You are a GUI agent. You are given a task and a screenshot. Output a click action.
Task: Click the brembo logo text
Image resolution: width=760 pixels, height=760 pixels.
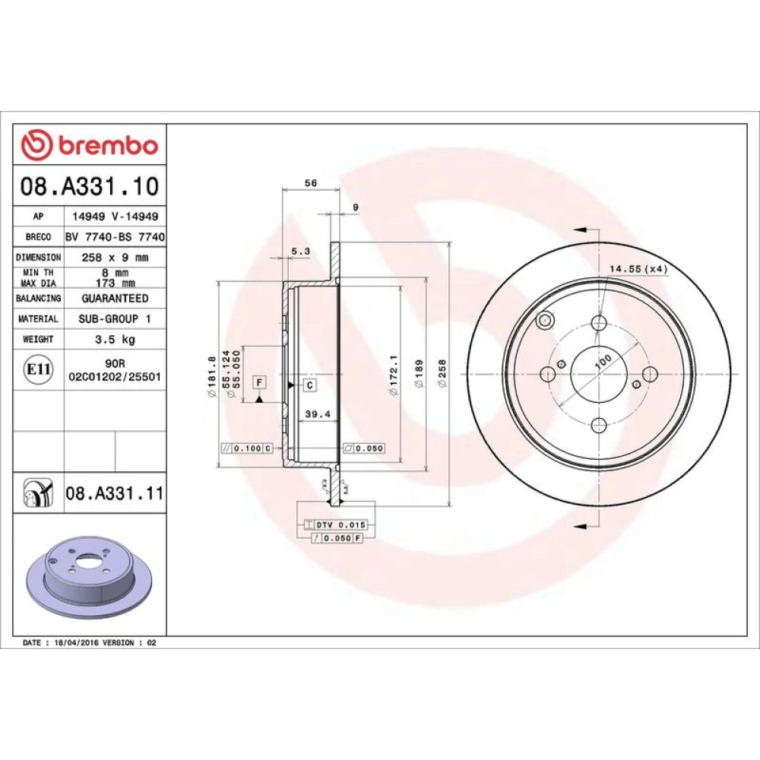point(109,145)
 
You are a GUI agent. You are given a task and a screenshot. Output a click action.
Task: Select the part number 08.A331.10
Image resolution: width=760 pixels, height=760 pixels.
point(90,186)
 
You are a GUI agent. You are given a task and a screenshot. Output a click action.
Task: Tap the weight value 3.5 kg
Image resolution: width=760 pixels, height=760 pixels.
point(115,339)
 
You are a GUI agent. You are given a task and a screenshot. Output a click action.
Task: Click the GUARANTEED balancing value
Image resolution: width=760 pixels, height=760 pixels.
point(115,298)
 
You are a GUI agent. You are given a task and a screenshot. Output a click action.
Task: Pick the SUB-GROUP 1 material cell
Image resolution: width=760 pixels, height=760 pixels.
point(115,318)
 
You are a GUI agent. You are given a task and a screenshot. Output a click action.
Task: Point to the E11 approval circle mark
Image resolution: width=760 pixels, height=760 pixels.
point(38,369)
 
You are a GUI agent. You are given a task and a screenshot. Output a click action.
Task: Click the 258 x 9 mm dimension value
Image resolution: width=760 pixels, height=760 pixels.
point(115,258)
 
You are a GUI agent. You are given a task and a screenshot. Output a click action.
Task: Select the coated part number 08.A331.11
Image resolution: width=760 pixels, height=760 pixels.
point(115,493)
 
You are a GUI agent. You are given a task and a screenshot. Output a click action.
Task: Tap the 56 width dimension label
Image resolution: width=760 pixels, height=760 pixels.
point(311,182)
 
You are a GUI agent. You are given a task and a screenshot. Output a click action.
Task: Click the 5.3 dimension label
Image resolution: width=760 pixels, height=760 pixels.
point(300,251)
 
